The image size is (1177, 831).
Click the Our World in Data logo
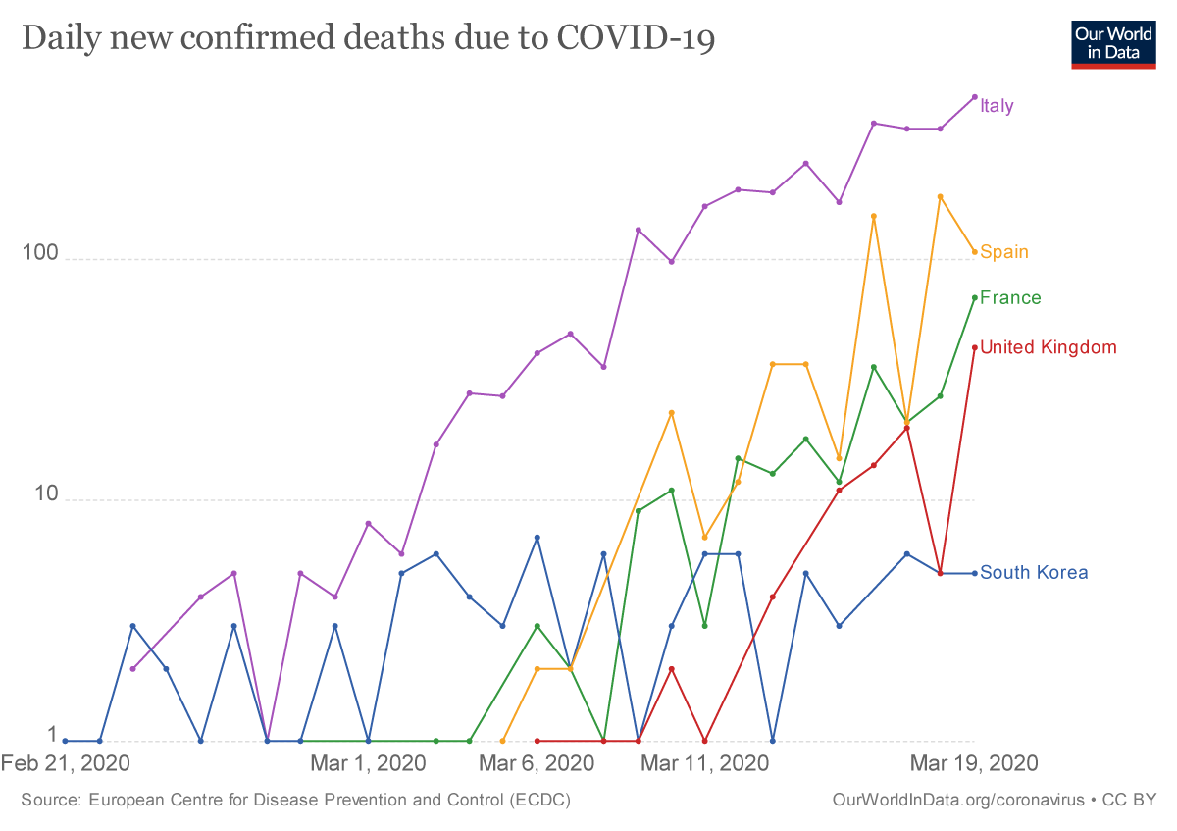click(x=1113, y=42)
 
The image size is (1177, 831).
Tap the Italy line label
click(x=997, y=106)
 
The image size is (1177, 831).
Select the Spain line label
click(x=1004, y=252)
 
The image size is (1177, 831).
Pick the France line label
click(x=1010, y=298)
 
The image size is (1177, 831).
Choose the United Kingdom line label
click(x=1048, y=347)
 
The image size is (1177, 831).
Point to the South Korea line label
click(x=1034, y=573)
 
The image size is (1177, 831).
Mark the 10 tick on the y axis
click(x=37, y=495)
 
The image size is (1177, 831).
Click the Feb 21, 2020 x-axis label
click(x=66, y=763)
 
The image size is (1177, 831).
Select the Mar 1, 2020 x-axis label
click(x=368, y=763)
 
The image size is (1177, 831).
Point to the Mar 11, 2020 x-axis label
click(x=704, y=763)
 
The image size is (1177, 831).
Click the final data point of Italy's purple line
click(x=974, y=97)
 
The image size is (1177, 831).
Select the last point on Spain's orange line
click(x=974, y=252)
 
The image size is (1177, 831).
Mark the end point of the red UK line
click(x=974, y=347)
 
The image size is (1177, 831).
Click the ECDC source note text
click(x=295, y=801)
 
